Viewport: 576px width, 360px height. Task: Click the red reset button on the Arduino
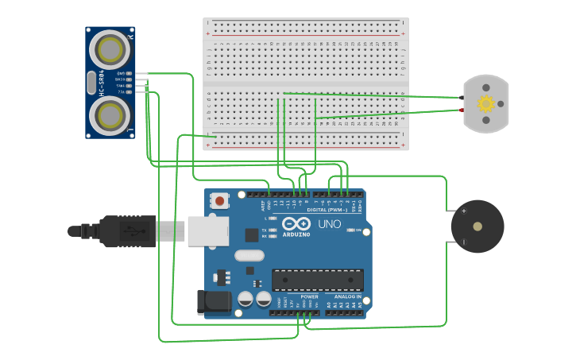(220, 201)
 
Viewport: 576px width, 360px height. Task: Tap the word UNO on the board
(330, 224)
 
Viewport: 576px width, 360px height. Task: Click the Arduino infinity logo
(296, 224)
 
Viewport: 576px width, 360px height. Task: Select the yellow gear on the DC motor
(485, 103)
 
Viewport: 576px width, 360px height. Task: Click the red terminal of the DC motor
(462, 110)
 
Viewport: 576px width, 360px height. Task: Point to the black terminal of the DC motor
(462, 98)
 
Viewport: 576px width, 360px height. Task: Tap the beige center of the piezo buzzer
(477, 226)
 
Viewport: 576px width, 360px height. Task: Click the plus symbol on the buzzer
(464, 211)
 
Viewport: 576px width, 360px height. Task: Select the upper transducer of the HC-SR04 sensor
(109, 49)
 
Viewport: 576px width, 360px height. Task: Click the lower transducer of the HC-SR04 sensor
(109, 115)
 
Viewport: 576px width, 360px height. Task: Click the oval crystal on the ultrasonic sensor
(91, 83)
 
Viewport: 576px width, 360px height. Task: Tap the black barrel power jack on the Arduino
(213, 301)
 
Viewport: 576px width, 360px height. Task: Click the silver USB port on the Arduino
(208, 231)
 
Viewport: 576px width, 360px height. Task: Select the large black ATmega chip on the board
(318, 280)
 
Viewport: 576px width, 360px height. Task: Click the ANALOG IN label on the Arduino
(342, 296)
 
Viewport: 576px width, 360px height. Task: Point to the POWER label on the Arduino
(309, 296)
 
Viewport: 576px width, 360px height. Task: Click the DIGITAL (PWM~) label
(327, 210)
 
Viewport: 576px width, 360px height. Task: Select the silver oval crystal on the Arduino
(249, 255)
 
